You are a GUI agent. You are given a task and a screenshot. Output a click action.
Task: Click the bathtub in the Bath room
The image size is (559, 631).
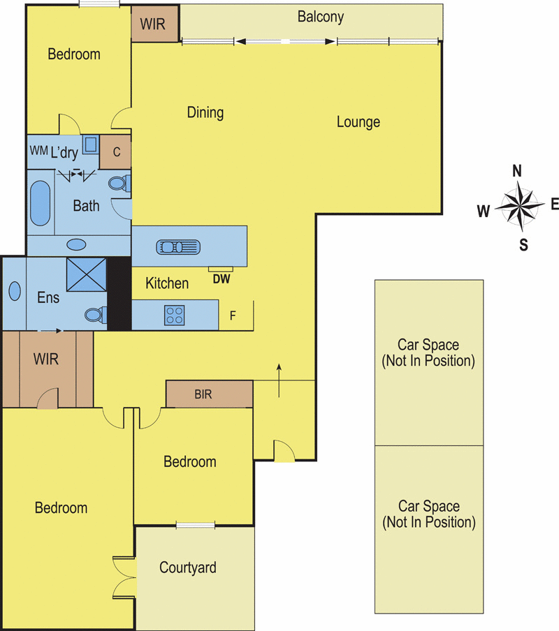(41, 203)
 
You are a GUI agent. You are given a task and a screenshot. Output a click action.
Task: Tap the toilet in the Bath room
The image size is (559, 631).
(119, 184)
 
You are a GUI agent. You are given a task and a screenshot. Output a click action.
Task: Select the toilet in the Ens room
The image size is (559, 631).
(96, 315)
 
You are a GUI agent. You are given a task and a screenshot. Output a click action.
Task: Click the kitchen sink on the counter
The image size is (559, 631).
(178, 247)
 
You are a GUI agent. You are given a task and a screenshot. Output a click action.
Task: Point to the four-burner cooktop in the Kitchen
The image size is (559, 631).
(175, 315)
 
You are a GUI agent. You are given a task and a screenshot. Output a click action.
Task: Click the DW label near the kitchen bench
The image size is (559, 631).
(222, 279)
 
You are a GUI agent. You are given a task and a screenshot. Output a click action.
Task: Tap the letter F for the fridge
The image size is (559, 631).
(233, 316)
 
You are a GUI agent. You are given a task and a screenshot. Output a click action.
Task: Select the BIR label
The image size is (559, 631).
(203, 394)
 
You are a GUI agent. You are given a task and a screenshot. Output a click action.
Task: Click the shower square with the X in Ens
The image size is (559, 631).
(87, 274)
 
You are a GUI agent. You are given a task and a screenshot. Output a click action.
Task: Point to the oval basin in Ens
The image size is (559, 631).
(15, 291)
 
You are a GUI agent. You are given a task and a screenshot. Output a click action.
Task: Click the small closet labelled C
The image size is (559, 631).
(115, 152)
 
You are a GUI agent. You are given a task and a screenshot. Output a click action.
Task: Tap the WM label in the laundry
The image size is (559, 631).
(38, 151)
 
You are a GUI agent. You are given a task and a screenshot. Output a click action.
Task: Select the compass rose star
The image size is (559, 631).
(520, 206)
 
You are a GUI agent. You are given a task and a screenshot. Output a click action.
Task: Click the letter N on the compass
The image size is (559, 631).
(516, 171)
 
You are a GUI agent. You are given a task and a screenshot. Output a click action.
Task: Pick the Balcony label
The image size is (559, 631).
(321, 17)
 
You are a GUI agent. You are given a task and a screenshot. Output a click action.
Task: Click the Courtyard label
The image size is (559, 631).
(188, 567)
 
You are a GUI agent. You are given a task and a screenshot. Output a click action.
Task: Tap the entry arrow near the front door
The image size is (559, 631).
(279, 380)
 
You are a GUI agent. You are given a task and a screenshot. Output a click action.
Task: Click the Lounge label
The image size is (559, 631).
(358, 122)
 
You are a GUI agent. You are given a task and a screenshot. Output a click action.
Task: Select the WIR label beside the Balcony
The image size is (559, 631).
(152, 24)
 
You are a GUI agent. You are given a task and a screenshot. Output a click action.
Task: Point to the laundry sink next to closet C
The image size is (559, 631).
(90, 144)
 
